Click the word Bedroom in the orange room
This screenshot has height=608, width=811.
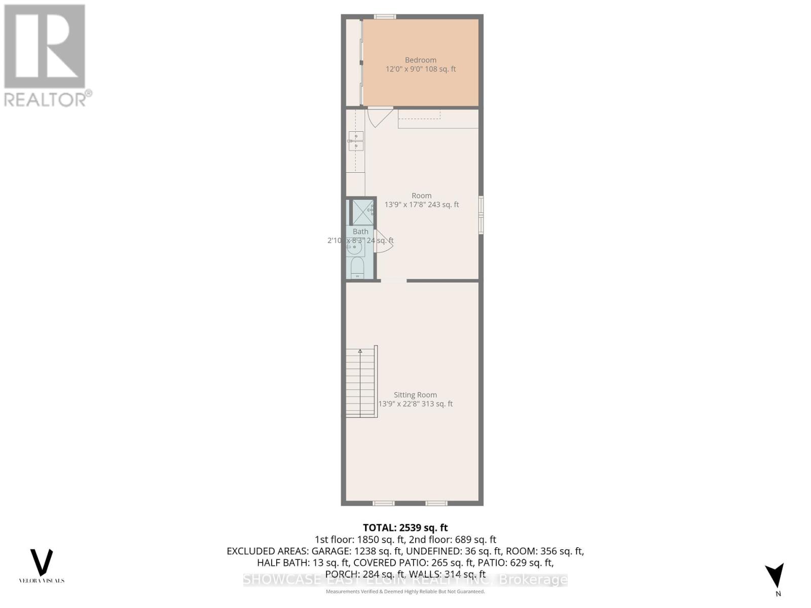tap(420, 60)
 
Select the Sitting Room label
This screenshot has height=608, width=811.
tap(415, 395)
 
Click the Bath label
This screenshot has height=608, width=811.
tap(360, 232)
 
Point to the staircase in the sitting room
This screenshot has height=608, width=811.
tap(361, 383)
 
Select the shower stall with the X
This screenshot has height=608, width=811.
tap(362, 212)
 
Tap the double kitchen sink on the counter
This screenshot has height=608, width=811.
tap(356, 141)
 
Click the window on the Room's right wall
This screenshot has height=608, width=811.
tap(481, 215)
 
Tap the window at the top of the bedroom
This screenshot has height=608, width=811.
tap(385, 17)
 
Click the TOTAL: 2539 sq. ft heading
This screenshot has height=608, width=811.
tap(405, 527)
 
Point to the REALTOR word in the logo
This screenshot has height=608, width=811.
tap(45, 99)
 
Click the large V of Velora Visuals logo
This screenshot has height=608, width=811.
tap(42, 561)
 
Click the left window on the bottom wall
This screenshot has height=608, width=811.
tap(384, 503)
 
